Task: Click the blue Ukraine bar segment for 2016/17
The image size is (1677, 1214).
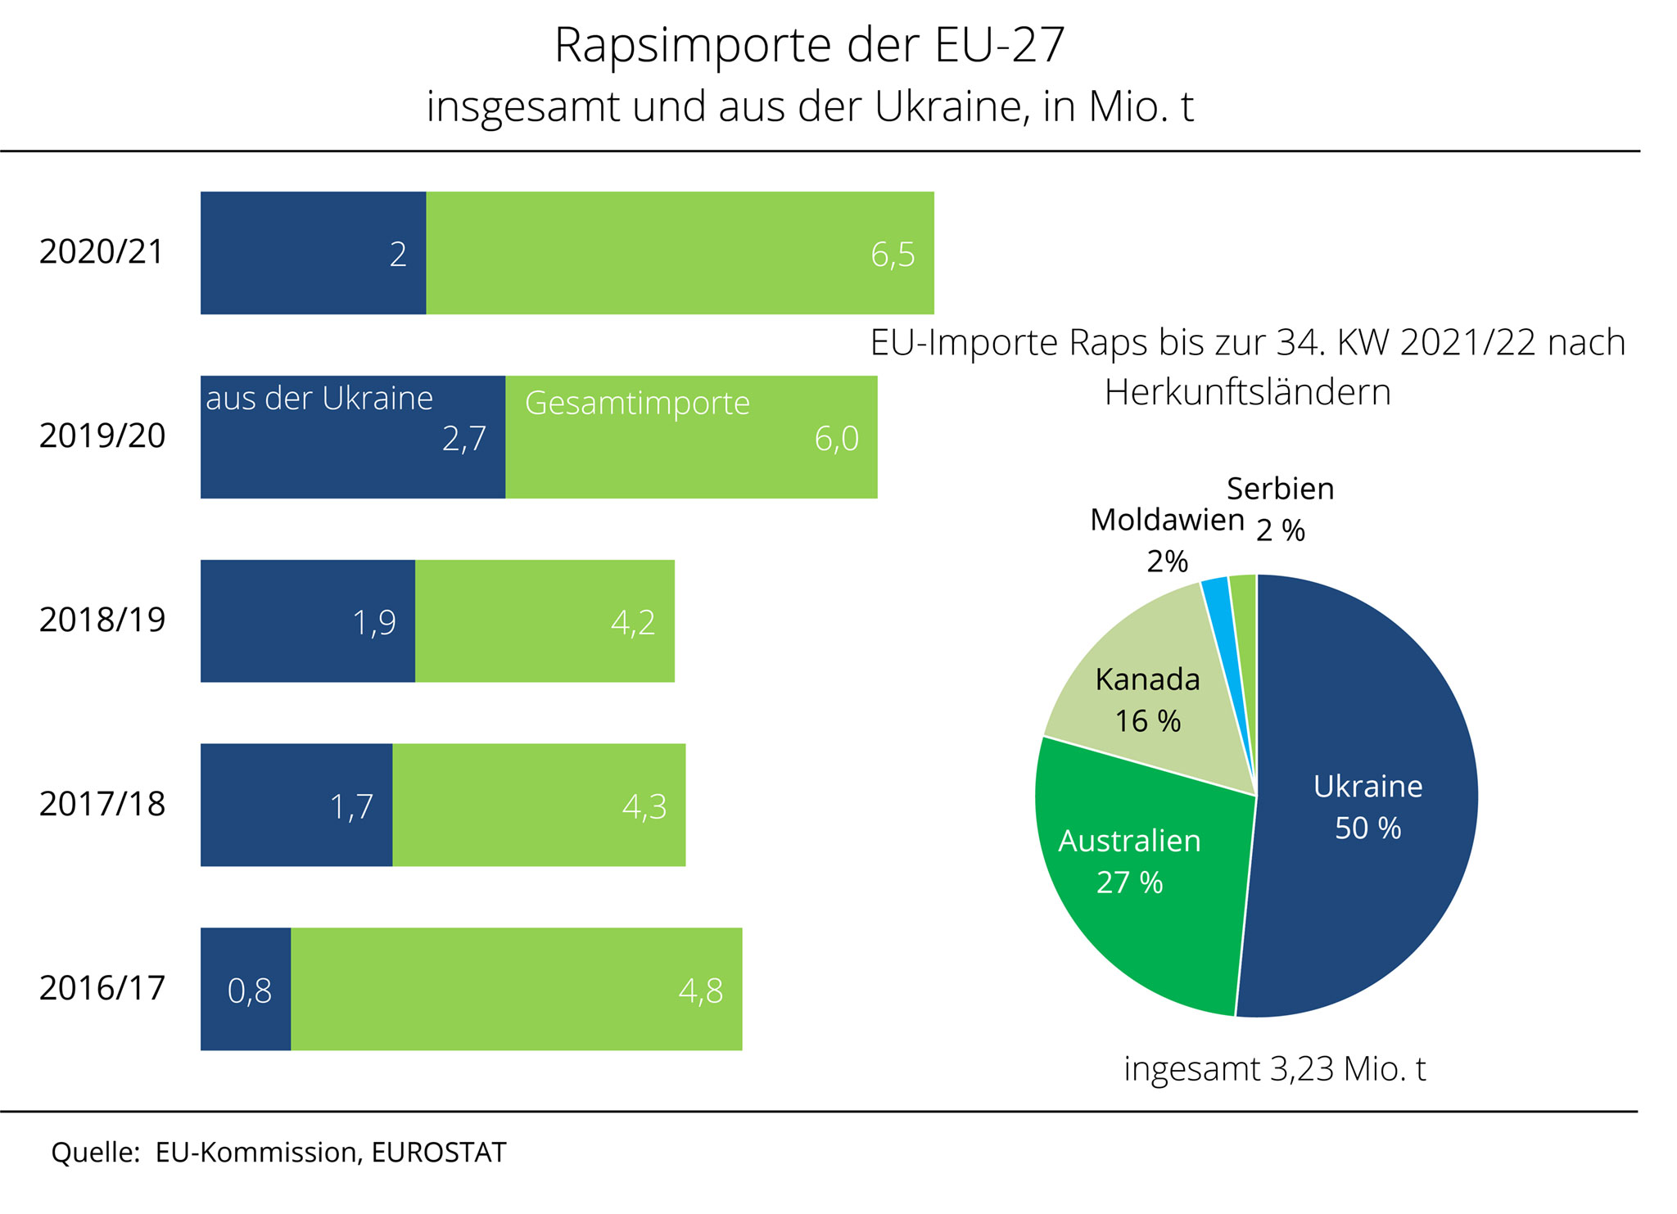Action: (x=246, y=1023)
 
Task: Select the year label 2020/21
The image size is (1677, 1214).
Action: (x=102, y=252)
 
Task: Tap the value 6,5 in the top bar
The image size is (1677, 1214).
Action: (x=892, y=255)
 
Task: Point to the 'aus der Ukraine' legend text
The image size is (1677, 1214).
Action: (x=319, y=399)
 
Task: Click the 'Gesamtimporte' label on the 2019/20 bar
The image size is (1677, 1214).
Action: (x=637, y=403)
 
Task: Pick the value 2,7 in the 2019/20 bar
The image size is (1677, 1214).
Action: (x=463, y=440)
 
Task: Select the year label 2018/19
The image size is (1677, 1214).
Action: (x=102, y=621)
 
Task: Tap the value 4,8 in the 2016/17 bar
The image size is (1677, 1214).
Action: (x=700, y=991)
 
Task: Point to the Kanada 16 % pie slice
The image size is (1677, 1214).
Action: (x=1146, y=700)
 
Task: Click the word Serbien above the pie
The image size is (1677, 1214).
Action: (x=1280, y=489)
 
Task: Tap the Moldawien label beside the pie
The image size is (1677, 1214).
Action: (x=1167, y=521)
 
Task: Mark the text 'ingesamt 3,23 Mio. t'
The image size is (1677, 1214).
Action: (x=1274, y=1069)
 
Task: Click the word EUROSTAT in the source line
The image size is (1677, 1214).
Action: (x=438, y=1153)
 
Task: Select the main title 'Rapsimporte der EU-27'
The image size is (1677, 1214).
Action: (x=809, y=45)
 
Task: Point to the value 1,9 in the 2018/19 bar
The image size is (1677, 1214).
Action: (x=373, y=624)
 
